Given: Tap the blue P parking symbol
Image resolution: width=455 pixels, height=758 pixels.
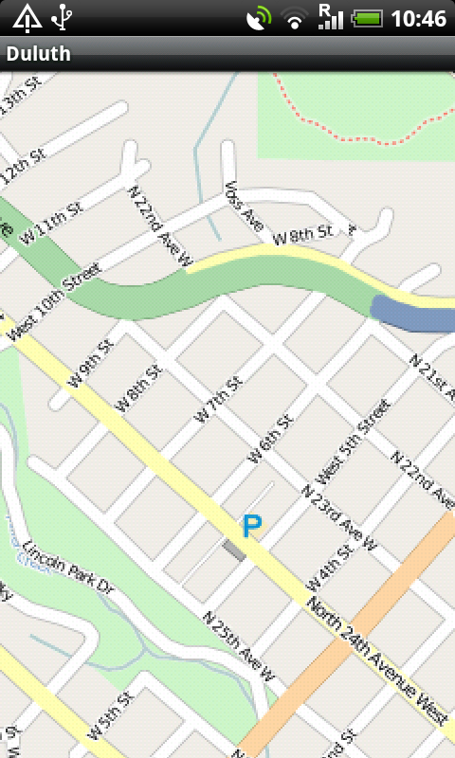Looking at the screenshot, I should (251, 526).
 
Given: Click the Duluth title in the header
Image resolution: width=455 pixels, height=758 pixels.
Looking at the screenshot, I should (39, 54).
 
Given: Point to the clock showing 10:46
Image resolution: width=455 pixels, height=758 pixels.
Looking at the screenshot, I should (418, 18).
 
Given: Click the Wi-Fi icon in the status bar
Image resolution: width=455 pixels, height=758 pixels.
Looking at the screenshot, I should (296, 18).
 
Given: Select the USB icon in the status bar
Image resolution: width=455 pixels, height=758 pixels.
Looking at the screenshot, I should (64, 17).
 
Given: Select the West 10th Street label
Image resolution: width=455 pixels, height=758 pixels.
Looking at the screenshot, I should (55, 298).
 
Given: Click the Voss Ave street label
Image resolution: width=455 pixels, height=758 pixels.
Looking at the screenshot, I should (243, 208).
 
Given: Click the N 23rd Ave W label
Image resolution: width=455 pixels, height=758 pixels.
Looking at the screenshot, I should (338, 517).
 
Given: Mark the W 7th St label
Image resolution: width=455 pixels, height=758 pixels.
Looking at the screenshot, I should (218, 400).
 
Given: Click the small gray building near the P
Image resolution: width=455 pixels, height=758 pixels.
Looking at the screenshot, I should (233, 551).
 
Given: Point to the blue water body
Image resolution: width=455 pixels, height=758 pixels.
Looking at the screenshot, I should (413, 314).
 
